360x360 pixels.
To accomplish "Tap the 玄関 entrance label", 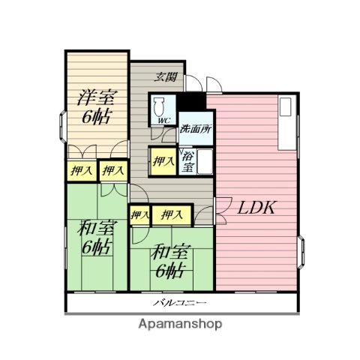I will click(167, 76).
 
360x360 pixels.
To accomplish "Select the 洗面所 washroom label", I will click(194, 128).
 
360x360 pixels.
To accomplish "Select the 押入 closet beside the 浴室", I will click(162, 160).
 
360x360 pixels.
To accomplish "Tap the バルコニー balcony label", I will click(181, 303).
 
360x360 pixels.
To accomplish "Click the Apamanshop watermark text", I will click(181, 324).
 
